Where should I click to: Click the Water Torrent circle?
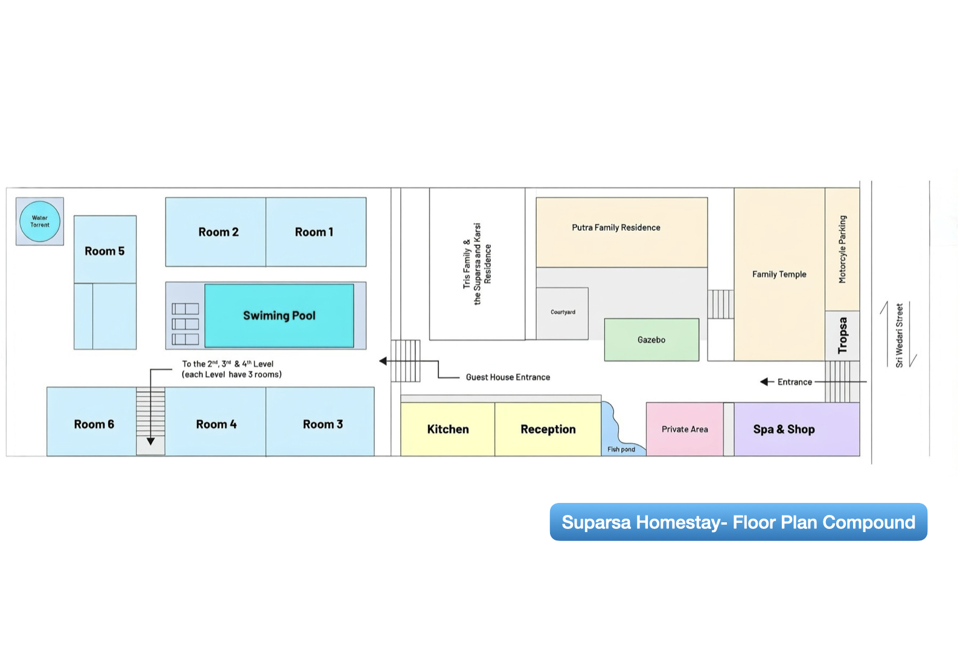pyautogui.click(x=40, y=221)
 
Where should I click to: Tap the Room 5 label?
pyautogui.click(x=104, y=251)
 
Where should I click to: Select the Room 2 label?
pyautogui.click(x=218, y=232)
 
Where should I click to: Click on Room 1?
pyautogui.click(x=314, y=232)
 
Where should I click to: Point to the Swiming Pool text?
pyautogui.click(x=279, y=316)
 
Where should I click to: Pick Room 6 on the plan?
pyautogui.click(x=94, y=424)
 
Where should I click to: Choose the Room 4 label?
pyautogui.click(x=216, y=424)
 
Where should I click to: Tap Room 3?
pyautogui.click(x=322, y=424)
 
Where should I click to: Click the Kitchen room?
pyautogui.click(x=447, y=429)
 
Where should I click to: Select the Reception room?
pyautogui.click(x=548, y=429)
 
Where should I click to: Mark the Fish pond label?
pyautogui.click(x=621, y=449)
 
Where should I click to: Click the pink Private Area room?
pyautogui.click(x=685, y=429)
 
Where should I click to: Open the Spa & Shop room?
pyautogui.click(x=784, y=429)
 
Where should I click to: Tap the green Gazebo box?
pyautogui.click(x=651, y=340)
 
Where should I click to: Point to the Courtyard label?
pyautogui.click(x=563, y=313)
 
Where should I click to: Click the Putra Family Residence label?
pyautogui.click(x=616, y=228)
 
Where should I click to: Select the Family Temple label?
pyautogui.click(x=779, y=274)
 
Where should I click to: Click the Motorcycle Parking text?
pyautogui.click(x=842, y=249)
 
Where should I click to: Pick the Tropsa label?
pyautogui.click(x=842, y=335)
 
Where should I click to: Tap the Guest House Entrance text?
pyautogui.click(x=508, y=377)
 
